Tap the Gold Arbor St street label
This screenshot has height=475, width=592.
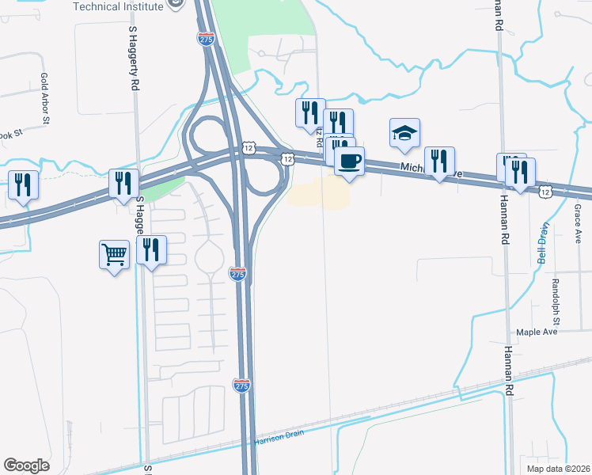44,99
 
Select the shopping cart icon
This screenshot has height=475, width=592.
114,256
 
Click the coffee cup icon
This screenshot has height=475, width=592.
348,161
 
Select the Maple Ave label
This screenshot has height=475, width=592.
537,332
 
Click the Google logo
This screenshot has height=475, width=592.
26,465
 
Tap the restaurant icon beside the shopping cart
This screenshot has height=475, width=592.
151,251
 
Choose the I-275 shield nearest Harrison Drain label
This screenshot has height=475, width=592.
242,386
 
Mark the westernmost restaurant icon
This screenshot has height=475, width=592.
23,185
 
